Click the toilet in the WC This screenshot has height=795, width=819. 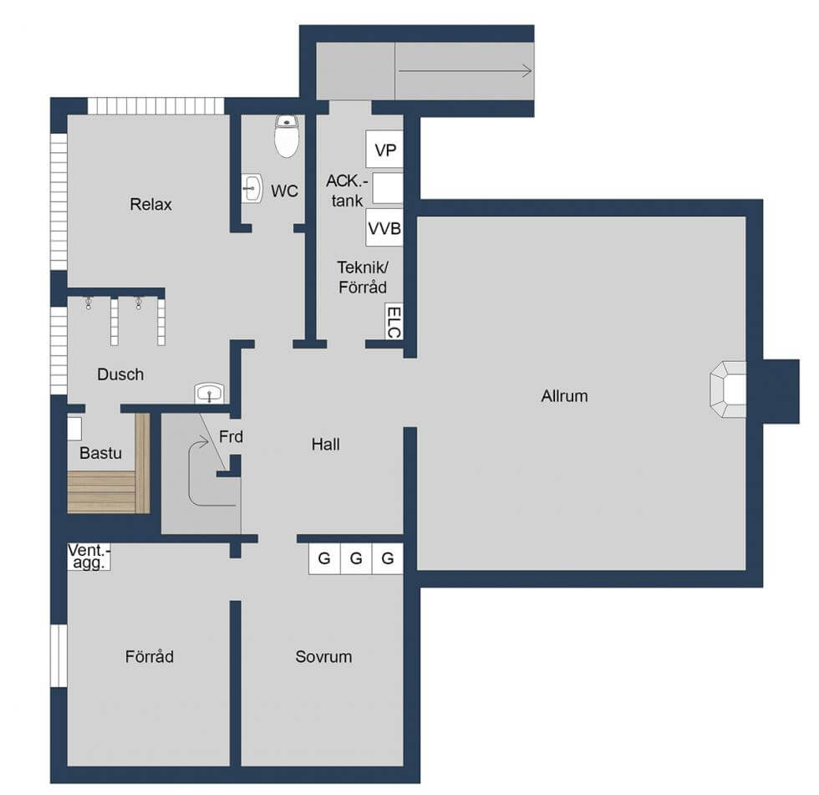click(x=287, y=135)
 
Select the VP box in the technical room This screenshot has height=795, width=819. click(x=385, y=150)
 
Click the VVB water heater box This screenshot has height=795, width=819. click(x=384, y=227)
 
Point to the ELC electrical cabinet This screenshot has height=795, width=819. click(x=394, y=321)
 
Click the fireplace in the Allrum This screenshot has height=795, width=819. click(x=728, y=390)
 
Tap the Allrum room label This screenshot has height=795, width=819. click(x=564, y=396)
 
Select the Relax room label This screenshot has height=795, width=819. click(x=150, y=204)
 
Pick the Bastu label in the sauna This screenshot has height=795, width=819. click(x=100, y=452)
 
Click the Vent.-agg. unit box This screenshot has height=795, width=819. click(x=89, y=557)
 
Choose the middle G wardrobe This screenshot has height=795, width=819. click(x=356, y=558)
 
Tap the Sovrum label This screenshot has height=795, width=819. click(x=323, y=656)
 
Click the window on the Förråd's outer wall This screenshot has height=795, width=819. click(x=59, y=655)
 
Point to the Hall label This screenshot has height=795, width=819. click(x=325, y=445)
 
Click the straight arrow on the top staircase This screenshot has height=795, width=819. click(x=465, y=70)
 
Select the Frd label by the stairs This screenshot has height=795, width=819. click(x=231, y=436)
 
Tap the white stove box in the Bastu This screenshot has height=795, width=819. click(x=74, y=429)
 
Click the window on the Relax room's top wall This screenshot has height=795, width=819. click(x=155, y=106)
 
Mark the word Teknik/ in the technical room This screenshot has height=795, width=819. click(x=363, y=268)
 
